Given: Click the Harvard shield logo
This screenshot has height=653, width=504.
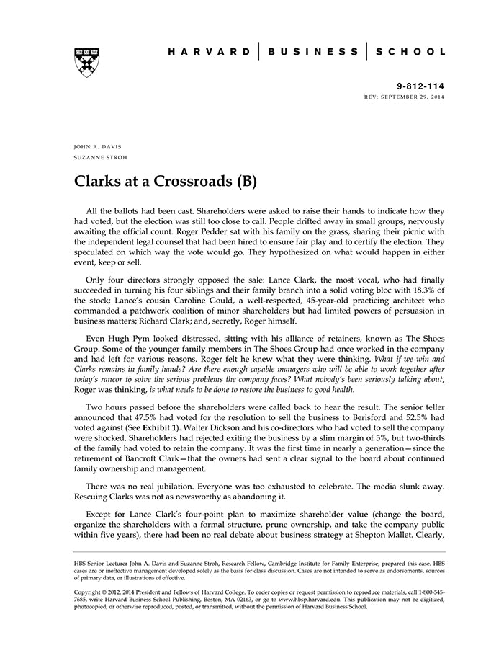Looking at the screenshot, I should point(86,62).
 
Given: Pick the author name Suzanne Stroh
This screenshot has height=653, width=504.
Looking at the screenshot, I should point(101,157).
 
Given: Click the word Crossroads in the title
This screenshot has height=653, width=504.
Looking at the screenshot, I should point(190,180).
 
